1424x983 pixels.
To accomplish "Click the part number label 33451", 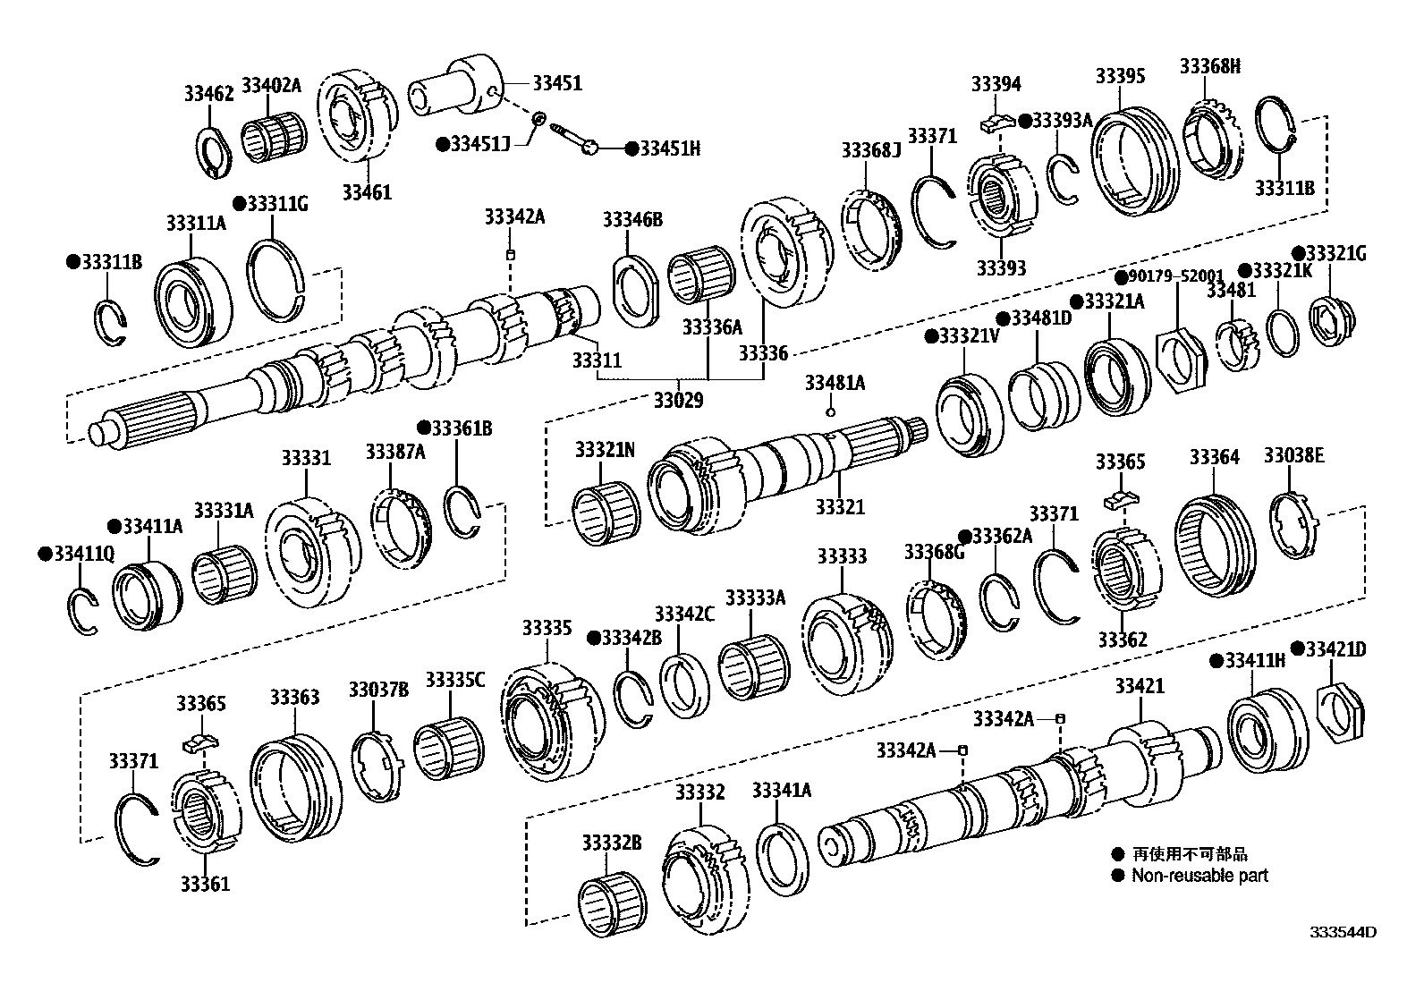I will point(557,83).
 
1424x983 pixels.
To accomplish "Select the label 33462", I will point(209,93).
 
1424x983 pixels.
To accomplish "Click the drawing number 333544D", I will point(1343,932).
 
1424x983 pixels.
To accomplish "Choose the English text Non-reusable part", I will point(1199,876).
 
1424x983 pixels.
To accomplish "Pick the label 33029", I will point(679,400).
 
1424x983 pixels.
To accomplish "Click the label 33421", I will point(1140,686).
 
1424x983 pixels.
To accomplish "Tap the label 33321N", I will point(605,450).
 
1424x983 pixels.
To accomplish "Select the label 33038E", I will point(1293,456).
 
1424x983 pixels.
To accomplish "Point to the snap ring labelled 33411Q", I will point(83,612).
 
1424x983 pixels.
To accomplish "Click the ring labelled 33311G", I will point(275,282).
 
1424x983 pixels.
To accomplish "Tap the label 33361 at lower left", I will point(205,884).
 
